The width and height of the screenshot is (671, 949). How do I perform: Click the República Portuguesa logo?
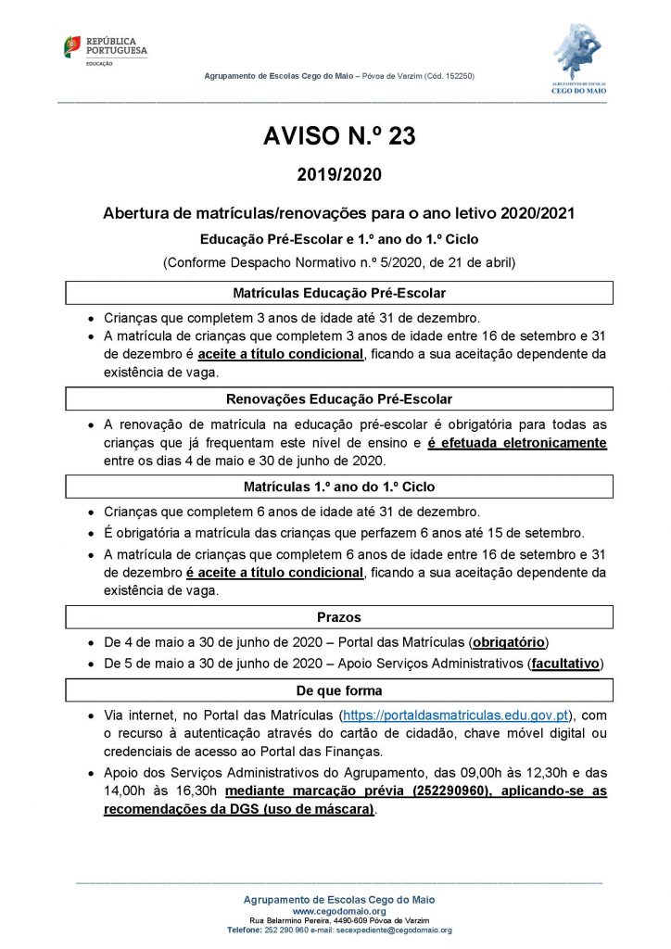(105, 49)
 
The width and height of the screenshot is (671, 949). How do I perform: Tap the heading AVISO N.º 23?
(339, 137)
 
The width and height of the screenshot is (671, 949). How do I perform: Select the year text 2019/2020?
(339, 174)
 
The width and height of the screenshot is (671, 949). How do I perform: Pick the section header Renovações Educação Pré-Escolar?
(339, 399)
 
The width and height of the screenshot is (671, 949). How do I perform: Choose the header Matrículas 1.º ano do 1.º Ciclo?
(339, 487)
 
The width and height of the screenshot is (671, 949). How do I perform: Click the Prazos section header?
(339, 617)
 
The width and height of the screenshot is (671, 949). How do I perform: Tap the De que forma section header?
(339, 690)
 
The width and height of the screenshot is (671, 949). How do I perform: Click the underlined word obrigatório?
(509, 640)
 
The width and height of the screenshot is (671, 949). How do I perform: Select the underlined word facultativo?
(564, 664)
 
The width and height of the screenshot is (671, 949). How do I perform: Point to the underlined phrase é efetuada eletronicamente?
(517, 443)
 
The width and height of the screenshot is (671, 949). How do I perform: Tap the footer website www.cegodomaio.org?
(338, 911)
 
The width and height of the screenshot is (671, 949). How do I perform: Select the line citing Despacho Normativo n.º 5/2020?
(339, 262)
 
